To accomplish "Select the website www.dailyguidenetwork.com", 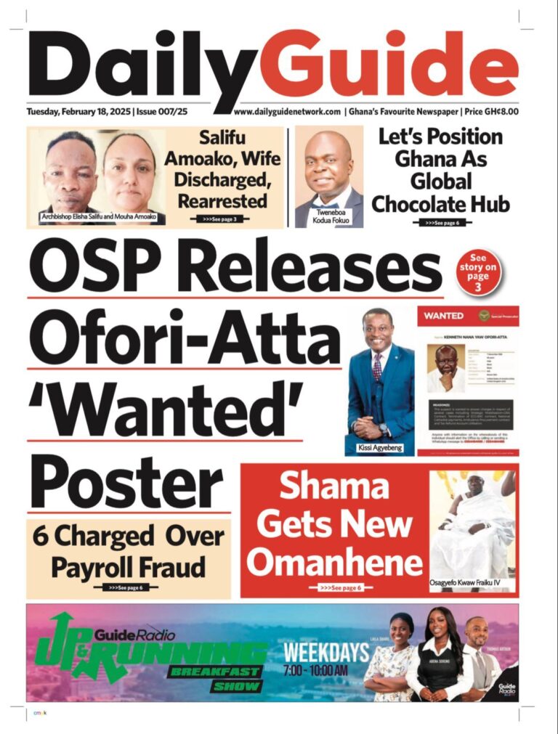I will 287,112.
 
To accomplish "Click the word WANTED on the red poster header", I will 443,316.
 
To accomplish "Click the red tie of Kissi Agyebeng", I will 377,366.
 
